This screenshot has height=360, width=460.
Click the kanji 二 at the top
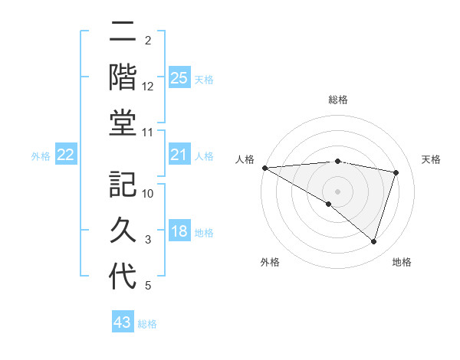123,33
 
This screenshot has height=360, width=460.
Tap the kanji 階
123,77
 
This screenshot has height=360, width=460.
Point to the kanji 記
123,185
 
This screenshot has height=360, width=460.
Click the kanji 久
123,230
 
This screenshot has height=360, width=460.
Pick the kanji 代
123,275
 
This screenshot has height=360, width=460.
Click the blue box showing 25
179,77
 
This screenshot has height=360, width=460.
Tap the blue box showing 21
179,155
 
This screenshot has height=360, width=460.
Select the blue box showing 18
179,231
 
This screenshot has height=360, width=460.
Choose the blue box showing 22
65,155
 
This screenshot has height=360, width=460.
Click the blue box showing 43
122,322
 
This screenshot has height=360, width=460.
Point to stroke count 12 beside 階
148,87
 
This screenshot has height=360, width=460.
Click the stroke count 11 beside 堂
148,133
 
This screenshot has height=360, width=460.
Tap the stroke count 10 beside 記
148,194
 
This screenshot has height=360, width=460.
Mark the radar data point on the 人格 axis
264,167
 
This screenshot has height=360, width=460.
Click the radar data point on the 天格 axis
396,172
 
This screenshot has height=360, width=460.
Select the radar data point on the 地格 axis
373,241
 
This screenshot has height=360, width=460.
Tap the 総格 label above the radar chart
337,100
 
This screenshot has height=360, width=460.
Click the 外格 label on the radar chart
270,262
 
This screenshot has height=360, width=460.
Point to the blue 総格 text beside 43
147,324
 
